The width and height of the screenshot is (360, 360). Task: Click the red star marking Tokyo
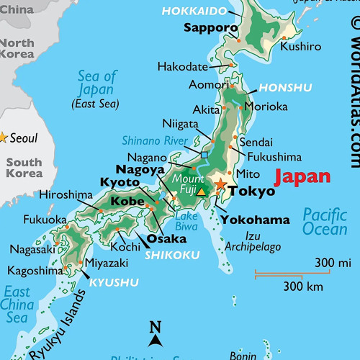pos(220,185)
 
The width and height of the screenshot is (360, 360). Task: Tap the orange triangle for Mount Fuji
pos(202,191)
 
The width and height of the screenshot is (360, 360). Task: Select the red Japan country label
pos(304,176)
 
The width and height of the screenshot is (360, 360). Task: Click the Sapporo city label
pos(210,29)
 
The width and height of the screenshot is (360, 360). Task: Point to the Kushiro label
pos(300,46)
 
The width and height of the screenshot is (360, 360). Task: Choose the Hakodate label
pos(182,67)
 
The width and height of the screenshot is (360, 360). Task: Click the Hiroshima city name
pos(66,195)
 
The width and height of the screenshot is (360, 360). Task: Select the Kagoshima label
pos(35,271)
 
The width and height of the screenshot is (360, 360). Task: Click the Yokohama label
pos(255,220)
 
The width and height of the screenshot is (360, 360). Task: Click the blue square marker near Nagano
pos(204,155)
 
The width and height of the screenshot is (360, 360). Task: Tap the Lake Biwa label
pos(186,221)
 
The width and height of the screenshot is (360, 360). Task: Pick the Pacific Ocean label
pos(325,222)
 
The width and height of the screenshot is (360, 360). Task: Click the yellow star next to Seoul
pos(2,137)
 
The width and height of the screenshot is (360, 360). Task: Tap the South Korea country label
pos(24,168)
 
